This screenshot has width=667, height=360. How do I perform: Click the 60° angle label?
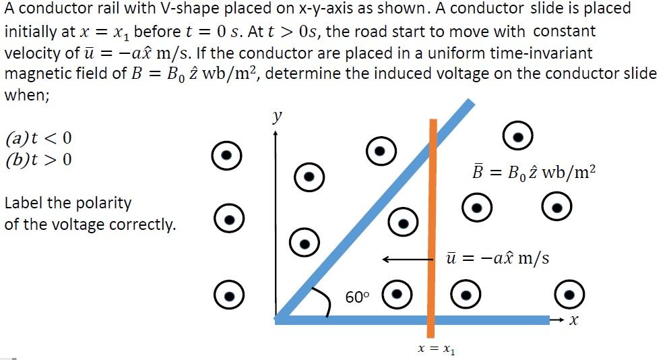coord(357,297)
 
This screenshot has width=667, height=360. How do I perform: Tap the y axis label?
coord(277,117)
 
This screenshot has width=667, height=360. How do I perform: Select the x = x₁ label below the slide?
coord(437,349)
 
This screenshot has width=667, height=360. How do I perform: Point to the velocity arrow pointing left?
coord(405,259)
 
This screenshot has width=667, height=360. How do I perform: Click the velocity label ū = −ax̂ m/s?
coord(497,258)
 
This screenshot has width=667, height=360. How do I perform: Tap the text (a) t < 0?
coord(38,140)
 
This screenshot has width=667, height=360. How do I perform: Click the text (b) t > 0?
coord(38,160)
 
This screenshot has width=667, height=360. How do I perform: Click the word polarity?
coord(104,203)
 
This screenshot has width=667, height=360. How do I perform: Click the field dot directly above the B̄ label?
coord(518,137)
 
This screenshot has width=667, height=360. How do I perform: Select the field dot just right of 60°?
coord(397,294)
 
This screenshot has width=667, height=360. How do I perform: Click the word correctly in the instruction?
coord(144,224)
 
